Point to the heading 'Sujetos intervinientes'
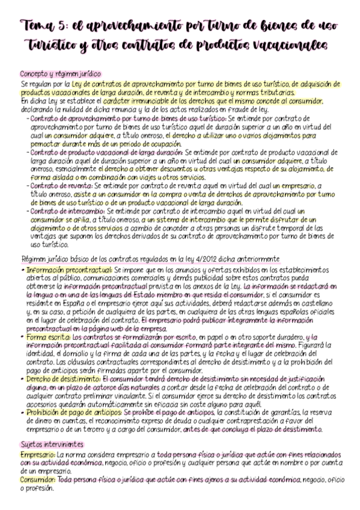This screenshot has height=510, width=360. (52, 444)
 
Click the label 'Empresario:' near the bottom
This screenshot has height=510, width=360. (37, 456)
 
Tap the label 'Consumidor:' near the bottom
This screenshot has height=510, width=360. (38, 481)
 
